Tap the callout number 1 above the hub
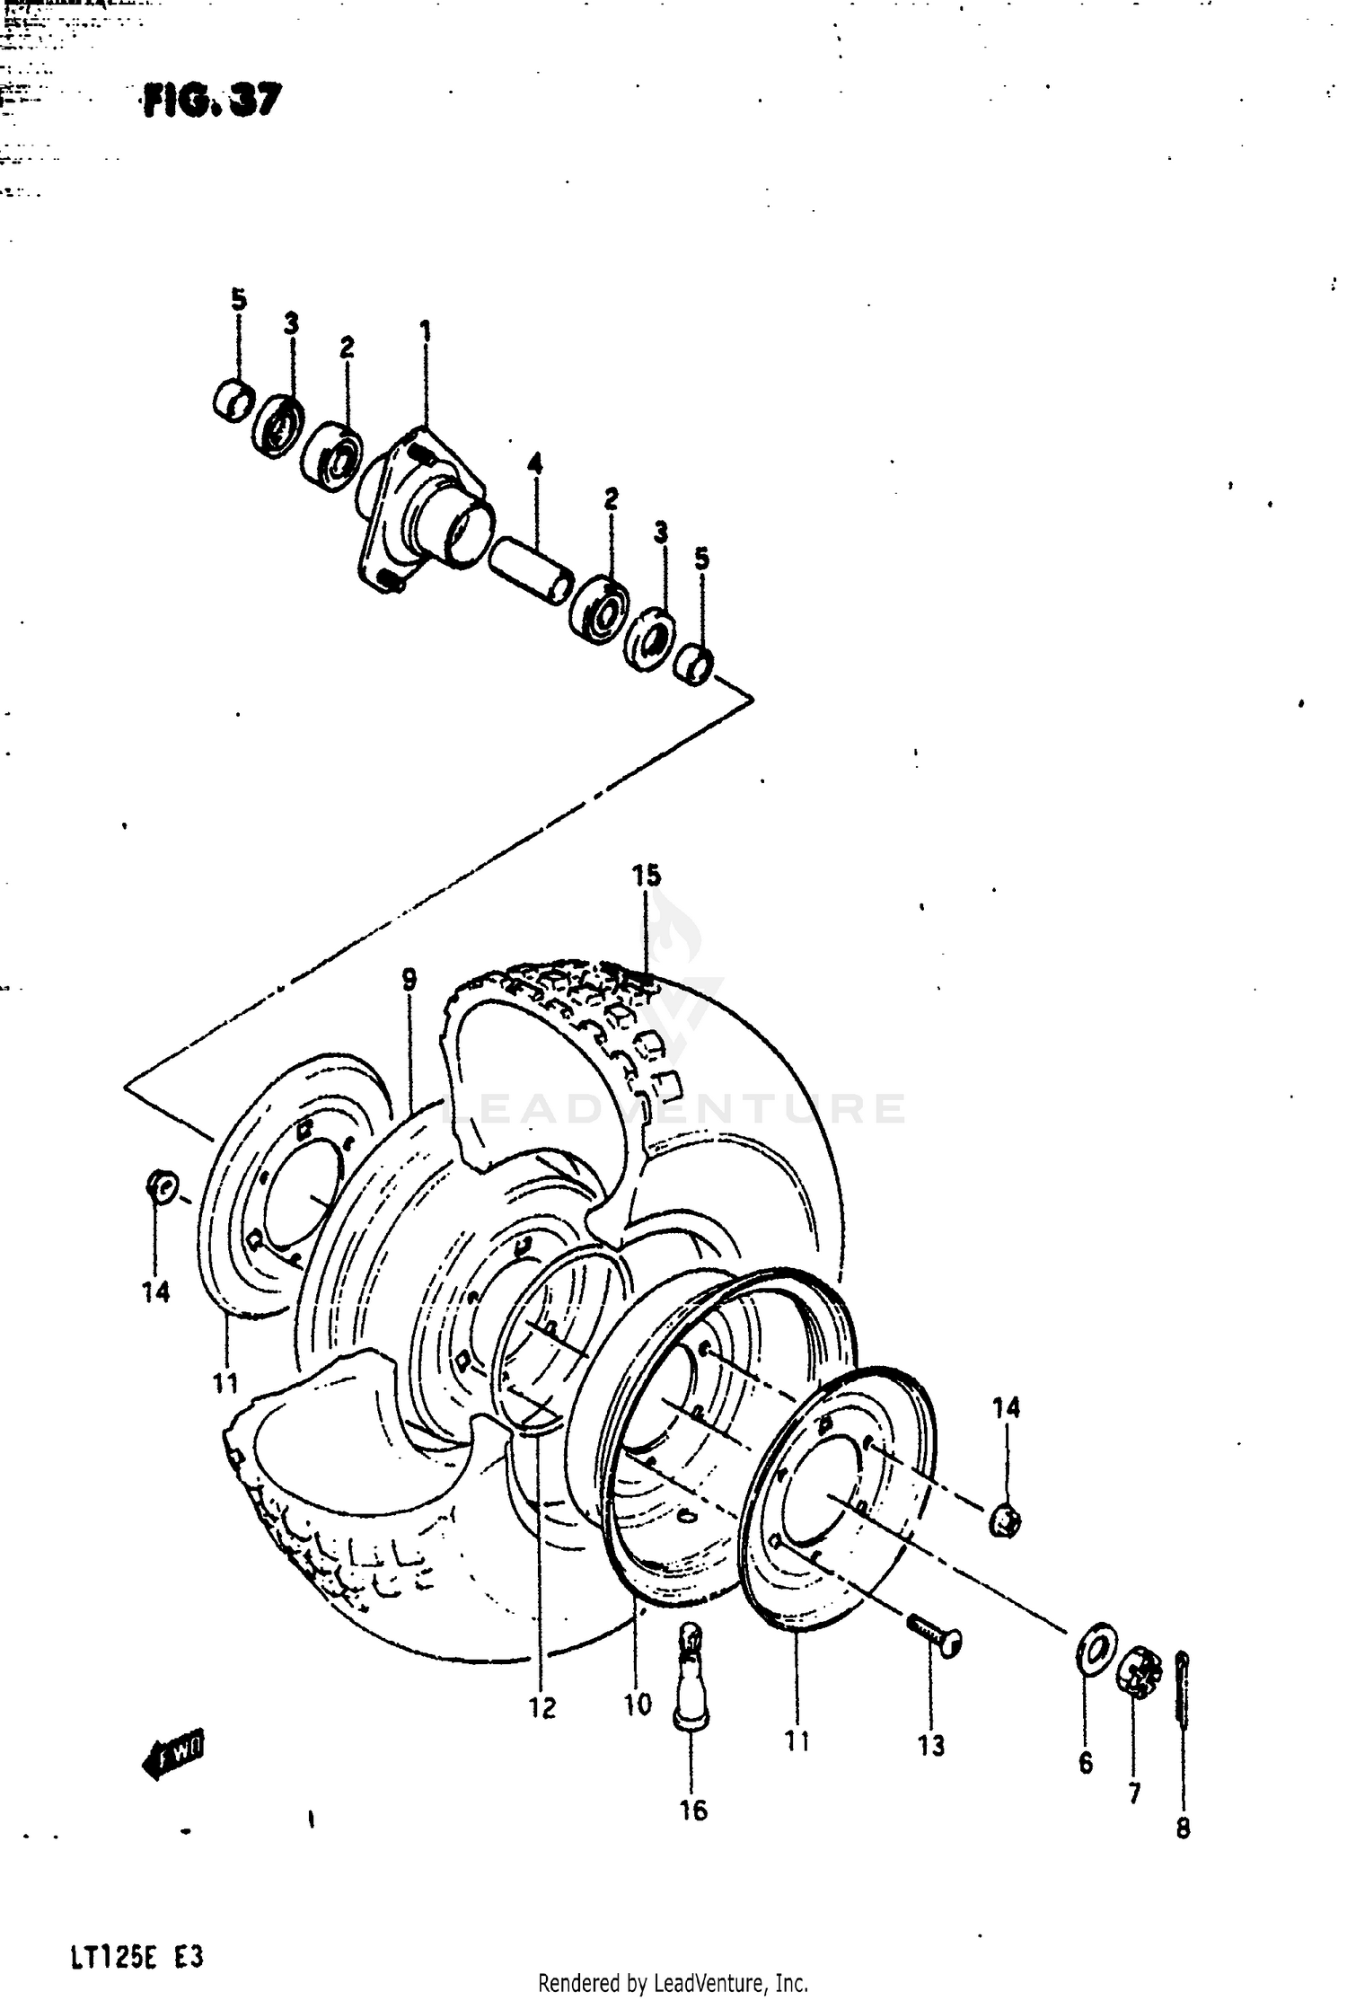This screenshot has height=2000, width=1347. pyautogui.click(x=425, y=332)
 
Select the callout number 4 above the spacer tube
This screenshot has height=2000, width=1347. pyautogui.click(x=534, y=465)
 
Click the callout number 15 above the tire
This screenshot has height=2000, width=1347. pyautogui.click(x=647, y=875)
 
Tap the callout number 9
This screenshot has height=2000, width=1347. pyautogui.click(x=409, y=980)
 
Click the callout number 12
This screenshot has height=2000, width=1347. pyautogui.click(x=542, y=1707)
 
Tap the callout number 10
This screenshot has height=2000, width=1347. pyautogui.click(x=637, y=1704)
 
